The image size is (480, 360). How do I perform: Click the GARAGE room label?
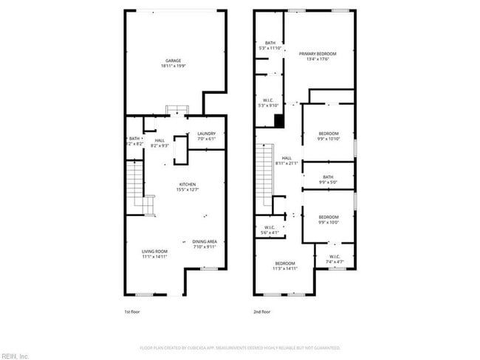coord(173,60)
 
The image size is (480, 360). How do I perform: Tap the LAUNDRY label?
coord(206,134)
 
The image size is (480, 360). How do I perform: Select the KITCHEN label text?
coord(187,184)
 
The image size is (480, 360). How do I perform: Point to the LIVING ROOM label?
coord(155,252)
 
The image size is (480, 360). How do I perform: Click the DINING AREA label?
coord(205,241)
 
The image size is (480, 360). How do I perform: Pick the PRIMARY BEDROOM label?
coord(318,54)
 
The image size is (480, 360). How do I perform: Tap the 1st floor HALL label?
coord(160,140)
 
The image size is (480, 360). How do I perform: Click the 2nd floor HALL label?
coord(287,158)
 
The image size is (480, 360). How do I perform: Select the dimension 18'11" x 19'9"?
coord(173,66)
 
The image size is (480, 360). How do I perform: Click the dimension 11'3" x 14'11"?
coord(285,269)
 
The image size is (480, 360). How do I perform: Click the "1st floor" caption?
coord(131,312)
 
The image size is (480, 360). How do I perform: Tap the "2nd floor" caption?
coord(262,312)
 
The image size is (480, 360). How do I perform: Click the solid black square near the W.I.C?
coord(279,121)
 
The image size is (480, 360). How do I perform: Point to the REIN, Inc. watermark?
coord(15,356)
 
